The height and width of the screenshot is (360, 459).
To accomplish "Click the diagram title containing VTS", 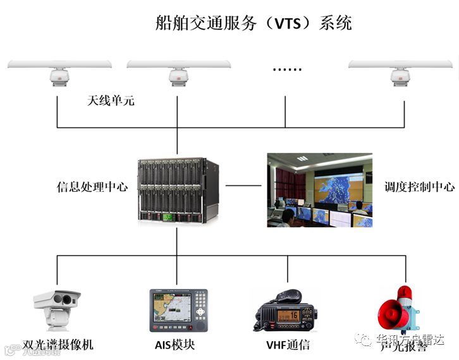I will tap(253, 23).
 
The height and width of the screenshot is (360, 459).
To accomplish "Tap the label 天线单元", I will tap(111, 101).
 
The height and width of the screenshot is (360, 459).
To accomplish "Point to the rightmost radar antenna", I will tap(400, 70).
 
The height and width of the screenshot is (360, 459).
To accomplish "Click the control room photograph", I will tap(319, 189).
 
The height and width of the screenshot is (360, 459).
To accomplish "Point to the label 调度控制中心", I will tap(419, 187).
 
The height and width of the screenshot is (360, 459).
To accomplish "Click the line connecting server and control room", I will tap(243, 186).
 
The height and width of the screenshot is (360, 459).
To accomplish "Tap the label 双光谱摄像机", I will tap(58, 345).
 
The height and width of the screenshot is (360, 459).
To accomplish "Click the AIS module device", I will tap(178, 311).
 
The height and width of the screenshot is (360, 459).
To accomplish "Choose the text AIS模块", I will tap(175, 345).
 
